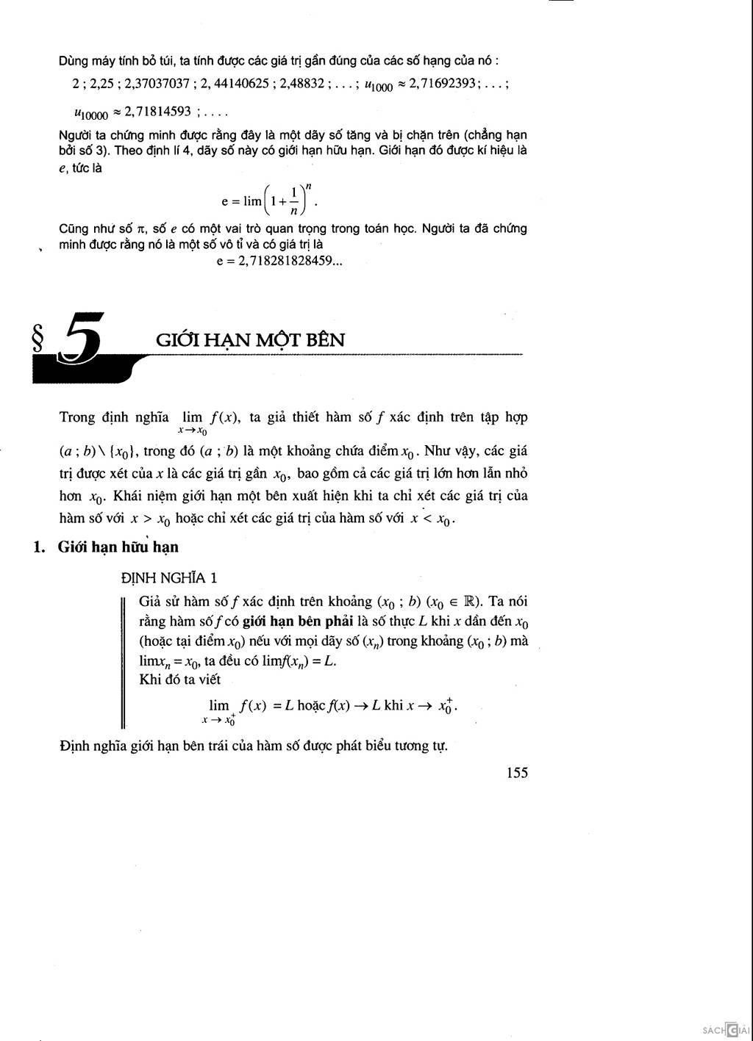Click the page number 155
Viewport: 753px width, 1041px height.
[x=517, y=773]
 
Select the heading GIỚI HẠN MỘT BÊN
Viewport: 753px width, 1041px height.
[x=250, y=340]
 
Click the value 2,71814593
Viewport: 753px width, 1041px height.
[x=158, y=112]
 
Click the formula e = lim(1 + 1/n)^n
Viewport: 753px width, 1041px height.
[x=270, y=200]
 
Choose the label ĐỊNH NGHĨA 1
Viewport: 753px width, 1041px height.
[x=168, y=578]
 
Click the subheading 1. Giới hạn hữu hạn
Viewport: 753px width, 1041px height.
[x=107, y=547]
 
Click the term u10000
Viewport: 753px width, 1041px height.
[x=91, y=114]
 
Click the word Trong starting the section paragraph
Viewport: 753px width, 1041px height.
[x=77, y=417]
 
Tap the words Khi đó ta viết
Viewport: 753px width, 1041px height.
[x=179, y=680]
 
